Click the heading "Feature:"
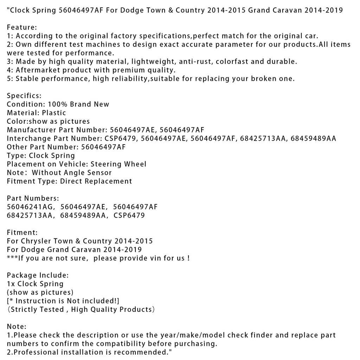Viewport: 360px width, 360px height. tap(22, 27)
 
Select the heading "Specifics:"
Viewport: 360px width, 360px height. tap(24, 96)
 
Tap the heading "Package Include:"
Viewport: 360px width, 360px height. tap(38, 275)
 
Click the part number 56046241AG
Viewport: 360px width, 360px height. tap(31, 207)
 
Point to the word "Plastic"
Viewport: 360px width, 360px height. tap(54, 113)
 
